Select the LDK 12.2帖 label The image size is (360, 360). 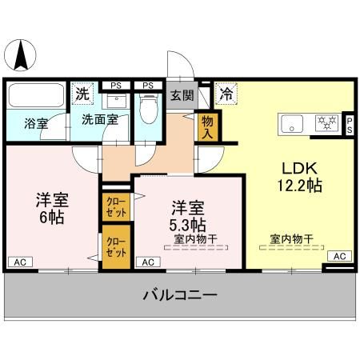300,177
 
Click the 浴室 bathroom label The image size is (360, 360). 36,124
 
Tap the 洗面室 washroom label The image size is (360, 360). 100,119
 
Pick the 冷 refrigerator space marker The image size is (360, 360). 226,93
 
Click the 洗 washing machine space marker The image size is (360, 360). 82,93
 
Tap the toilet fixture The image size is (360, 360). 148,108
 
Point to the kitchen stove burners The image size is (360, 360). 326,123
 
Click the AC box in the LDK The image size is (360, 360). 339,255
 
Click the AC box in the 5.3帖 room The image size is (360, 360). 146,262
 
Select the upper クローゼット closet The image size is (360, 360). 115,209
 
